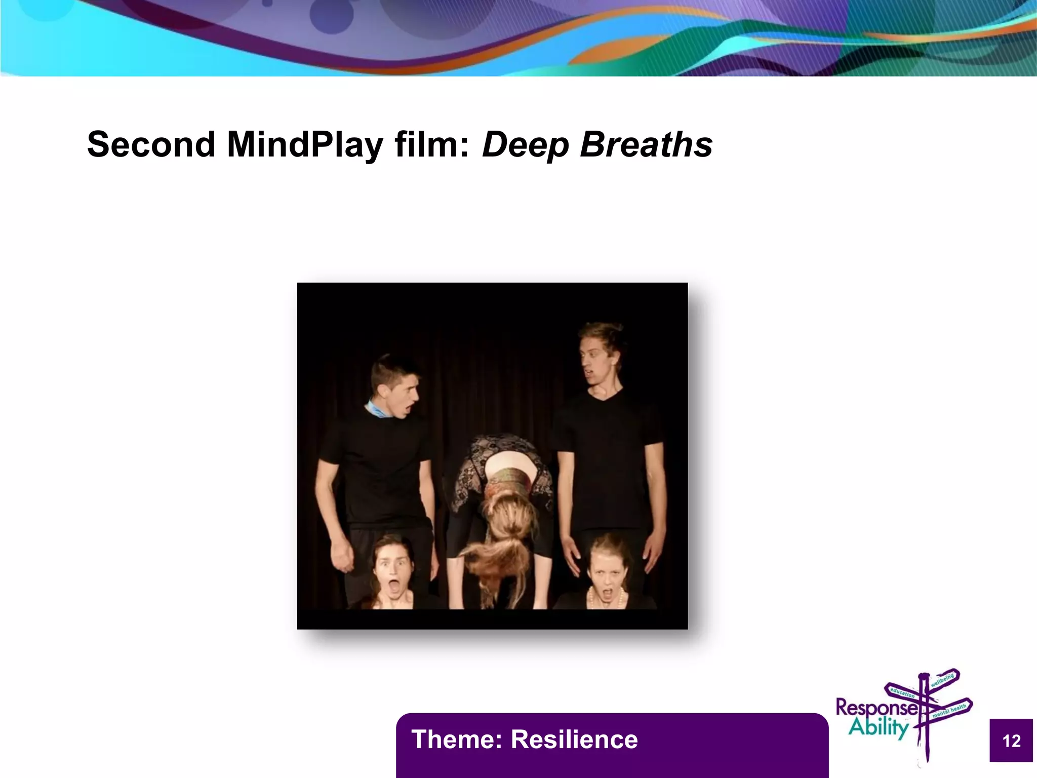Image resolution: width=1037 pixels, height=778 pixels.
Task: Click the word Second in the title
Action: pyautogui.click(x=151, y=145)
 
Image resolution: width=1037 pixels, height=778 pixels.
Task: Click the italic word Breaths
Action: pyautogui.click(x=646, y=145)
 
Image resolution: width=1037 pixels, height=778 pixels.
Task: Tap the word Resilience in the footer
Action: pyautogui.click(x=574, y=740)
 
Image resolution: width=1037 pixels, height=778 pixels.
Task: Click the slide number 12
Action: pyautogui.click(x=1011, y=741)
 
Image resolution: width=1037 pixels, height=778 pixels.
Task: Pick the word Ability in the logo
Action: pyautogui.click(x=879, y=727)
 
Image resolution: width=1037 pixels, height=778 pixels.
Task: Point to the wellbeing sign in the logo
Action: pyautogui.click(x=942, y=680)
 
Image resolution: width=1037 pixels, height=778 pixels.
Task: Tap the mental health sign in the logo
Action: pyautogui.click(x=950, y=711)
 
